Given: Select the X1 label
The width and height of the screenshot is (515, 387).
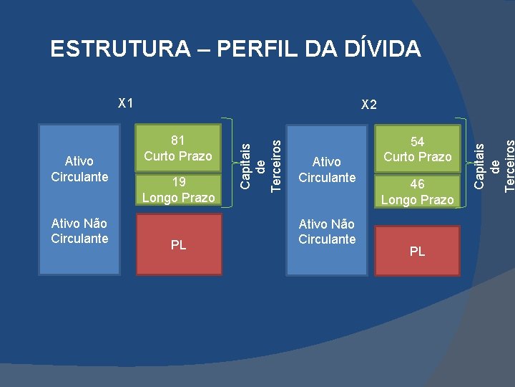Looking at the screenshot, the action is point(126,102).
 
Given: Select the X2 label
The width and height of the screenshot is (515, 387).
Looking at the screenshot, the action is point(369,105).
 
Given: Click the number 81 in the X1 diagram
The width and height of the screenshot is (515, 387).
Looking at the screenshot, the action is point(178,140).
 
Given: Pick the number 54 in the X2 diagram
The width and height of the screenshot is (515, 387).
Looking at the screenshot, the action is point(418,142).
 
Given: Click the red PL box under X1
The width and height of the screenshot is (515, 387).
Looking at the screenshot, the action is point(179,244).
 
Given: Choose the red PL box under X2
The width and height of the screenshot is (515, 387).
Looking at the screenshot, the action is point(418,251).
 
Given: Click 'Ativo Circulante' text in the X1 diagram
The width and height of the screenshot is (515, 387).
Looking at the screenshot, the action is point(79,169).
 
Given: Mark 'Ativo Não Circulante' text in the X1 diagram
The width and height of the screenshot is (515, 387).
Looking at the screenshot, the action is point(79,231).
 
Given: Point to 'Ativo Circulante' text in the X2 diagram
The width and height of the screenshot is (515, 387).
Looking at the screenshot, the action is point(327,170).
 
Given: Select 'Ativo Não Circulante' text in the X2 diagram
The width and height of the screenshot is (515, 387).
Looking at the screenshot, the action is point(327,231).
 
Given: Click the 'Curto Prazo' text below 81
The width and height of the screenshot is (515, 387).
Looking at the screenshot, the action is point(178,156).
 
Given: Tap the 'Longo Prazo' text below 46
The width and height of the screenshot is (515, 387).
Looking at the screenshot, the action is point(418,200).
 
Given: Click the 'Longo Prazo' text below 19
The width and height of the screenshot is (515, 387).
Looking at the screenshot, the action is point(178,197).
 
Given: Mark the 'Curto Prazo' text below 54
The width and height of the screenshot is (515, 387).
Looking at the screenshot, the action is point(418,157).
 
